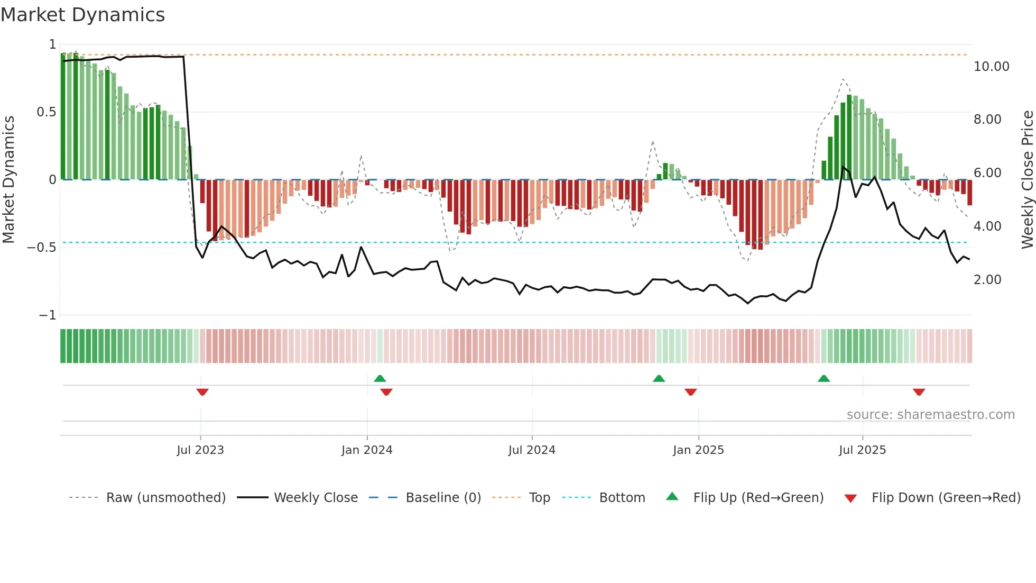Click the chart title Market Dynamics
pyautogui.click(x=82, y=15)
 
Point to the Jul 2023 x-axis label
pyautogui.click(x=200, y=450)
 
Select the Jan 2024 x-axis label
pyautogui.click(x=367, y=450)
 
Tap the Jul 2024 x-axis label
pyautogui.click(x=532, y=450)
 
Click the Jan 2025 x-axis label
pyautogui.click(x=698, y=450)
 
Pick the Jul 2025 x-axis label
pyautogui.click(x=862, y=450)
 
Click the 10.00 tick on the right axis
pyautogui.click(x=991, y=67)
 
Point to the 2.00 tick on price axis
pyautogui.click(x=987, y=280)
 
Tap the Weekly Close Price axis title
pyautogui.click(x=1027, y=179)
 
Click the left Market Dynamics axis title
pyautogui.click(x=8, y=179)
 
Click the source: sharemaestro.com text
pyautogui.click(x=930, y=415)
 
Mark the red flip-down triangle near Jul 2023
pyautogui.click(x=202, y=392)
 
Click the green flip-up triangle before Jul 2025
pyautogui.click(x=824, y=378)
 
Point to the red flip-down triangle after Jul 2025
pyautogui.click(x=919, y=392)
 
